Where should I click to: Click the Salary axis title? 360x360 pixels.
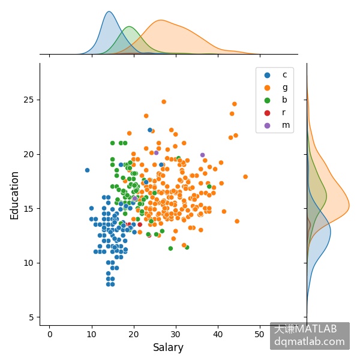pyautogui.click(x=168, y=347)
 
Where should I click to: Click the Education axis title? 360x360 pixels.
pyautogui.click(x=14, y=196)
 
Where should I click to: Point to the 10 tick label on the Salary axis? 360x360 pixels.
pyautogui.click(x=91, y=334)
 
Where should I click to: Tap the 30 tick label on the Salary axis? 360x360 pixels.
pyautogui.click(x=175, y=334)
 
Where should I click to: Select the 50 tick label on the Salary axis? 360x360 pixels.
pyautogui.click(x=259, y=334)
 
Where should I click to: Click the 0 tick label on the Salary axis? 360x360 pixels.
pyautogui.click(x=50, y=334)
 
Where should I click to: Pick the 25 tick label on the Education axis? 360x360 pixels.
pyautogui.click(x=28, y=100)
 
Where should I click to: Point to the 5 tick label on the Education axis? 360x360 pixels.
pyautogui.click(x=31, y=317)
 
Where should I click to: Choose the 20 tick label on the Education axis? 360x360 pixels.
pyautogui.click(x=28, y=154)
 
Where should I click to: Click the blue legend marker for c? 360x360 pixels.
pyautogui.click(x=267, y=75)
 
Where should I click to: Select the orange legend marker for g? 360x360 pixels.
pyautogui.click(x=267, y=88)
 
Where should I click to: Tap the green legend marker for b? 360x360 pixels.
pyautogui.click(x=267, y=100)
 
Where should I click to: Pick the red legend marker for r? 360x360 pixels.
pyautogui.click(x=267, y=113)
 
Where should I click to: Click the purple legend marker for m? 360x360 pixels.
pyautogui.click(x=267, y=125)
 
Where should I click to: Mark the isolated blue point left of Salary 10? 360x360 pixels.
pyautogui.click(x=87, y=170)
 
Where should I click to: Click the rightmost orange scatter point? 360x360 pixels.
pyautogui.click(x=245, y=176)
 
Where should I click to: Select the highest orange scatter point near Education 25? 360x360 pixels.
pyautogui.click(x=164, y=102)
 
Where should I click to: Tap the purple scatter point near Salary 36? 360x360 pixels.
pyautogui.click(x=203, y=155)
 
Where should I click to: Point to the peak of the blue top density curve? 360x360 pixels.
pyautogui.click(x=109, y=11)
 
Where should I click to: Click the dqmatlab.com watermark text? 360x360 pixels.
pyautogui.click(x=310, y=341)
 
